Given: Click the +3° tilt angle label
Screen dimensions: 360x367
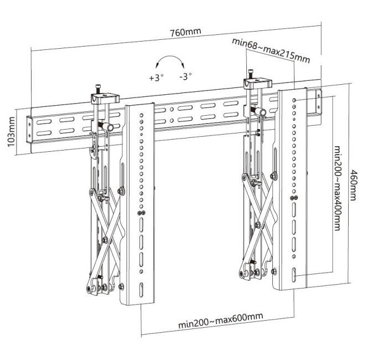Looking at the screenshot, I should tap(157, 78).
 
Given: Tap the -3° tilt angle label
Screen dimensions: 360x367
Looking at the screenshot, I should tap(185, 77).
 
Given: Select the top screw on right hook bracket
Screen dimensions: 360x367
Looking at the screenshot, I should tap(250, 73).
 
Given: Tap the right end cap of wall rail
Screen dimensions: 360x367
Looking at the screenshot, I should tap(318, 102).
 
